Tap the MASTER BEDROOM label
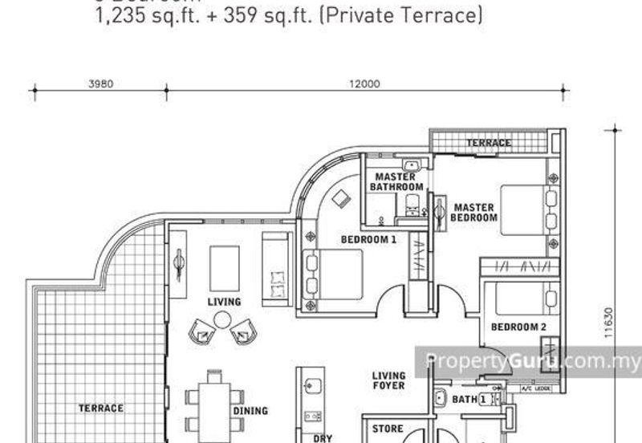coord(473,212)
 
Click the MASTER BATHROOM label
coord(396,182)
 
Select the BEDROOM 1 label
coord(369,239)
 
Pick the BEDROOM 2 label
coord(518,327)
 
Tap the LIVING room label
coord(224,302)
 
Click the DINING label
coord(250,411)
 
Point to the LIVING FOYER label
coord(388,380)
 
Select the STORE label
coord(388,429)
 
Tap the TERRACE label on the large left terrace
coord(101,408)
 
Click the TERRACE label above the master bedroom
coord(490,143)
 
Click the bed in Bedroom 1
coord(333,274)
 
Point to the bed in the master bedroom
coord(522,210)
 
